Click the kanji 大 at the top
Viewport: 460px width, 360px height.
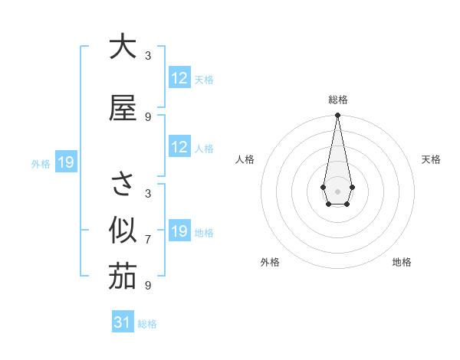tap(122, 47)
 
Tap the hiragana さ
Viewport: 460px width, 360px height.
tap(122, 185)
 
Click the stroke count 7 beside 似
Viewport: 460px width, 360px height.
tap(148, 240)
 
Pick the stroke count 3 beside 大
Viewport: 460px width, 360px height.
tap(148, 56)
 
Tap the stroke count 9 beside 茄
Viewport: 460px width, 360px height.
tap(148, 286)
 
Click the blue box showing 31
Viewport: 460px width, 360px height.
tap(123, 322)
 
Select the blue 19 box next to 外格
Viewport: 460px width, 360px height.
tap(65, 162)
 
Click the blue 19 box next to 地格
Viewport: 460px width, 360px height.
tap(179, 231)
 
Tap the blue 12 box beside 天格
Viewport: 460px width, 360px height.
tap(179, 78)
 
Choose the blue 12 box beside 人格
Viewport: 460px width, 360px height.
tap(179, 147)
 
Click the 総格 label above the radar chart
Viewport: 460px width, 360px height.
tap(337, 100)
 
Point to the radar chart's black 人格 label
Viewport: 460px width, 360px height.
tap(245, 159)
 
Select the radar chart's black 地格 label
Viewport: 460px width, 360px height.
tap(402, 262)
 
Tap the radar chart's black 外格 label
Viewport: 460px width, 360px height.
tap(270, 262)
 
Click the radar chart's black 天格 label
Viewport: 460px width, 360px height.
tap(431, 159)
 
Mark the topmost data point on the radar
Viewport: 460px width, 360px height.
tap(337, 116)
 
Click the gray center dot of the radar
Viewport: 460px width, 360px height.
tap(337, 190)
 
